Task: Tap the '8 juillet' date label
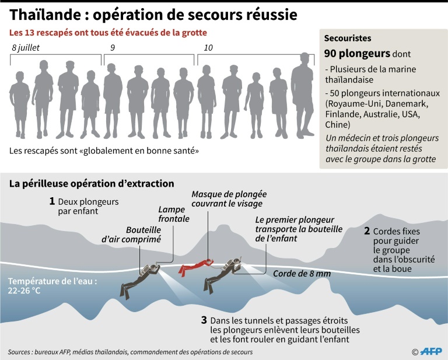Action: (26, 48)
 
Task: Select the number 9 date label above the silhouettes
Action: (113, 48)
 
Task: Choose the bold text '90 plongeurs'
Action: (357, 54)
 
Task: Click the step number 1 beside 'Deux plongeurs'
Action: (52, 201)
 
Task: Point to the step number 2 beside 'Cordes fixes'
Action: (366, 231)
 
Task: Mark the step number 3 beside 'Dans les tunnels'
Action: (204, 320)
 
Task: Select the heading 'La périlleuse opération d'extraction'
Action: (92, 183)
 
